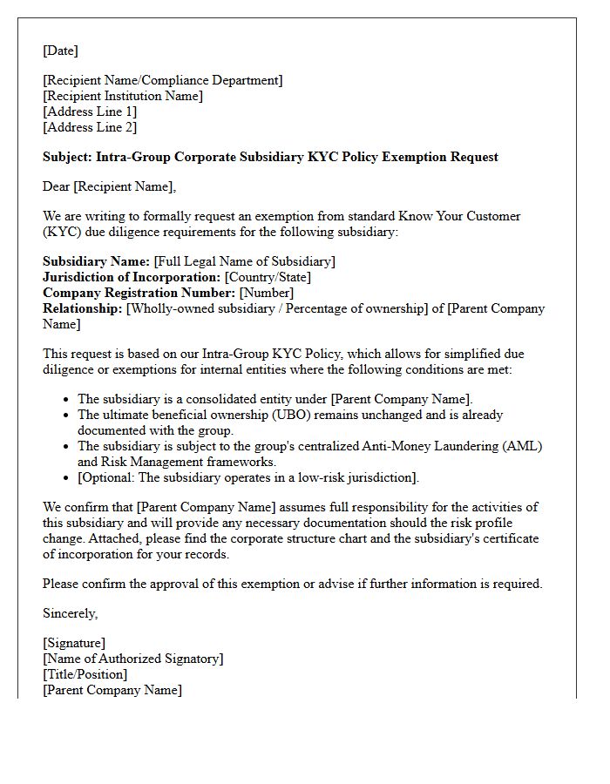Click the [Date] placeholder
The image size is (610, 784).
click(x=60, y=51)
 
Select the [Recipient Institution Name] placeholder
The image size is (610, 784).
click(x=123, y=96)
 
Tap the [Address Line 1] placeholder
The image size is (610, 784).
click(x=90, y=112)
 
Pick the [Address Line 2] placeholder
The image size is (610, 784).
click(x=90, y=127)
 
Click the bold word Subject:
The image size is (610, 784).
click(x=67, y=157)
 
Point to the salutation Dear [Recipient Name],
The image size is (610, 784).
click(x=109, y=186)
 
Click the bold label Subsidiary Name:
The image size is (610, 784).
click(x=96, y=261)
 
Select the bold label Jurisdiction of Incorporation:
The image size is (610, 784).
click(x=132, y=277)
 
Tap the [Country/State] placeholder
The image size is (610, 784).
click(x=268, y=277)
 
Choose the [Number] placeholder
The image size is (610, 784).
click(x=267, y=293)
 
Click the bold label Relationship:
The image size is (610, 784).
click(x=83, y=308)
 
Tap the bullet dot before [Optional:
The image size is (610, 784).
click(x=67, y=478)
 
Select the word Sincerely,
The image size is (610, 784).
click(x=71, y=613)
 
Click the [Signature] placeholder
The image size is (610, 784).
click(x=74, y=643)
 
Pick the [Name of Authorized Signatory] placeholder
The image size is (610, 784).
click(x=132, y=659)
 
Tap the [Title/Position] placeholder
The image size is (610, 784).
click(x=85, y=674)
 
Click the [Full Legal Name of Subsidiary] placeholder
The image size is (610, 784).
click(x=244, y=261)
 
